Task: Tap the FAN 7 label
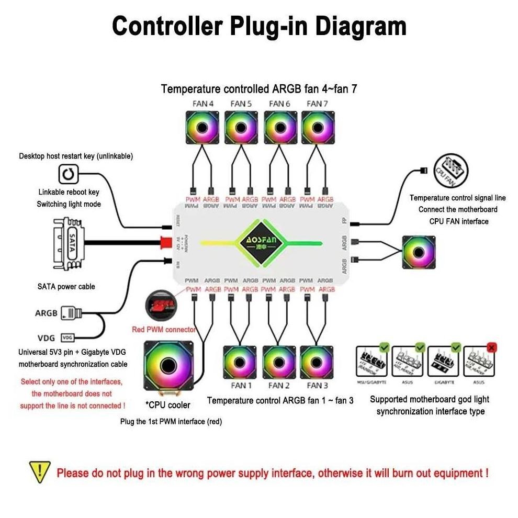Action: click(317, 104)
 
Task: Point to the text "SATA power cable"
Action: click(66, 287)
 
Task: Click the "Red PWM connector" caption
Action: click(164, 330)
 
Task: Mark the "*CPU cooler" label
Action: click(168, 405)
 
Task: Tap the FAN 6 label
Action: click(279, 104)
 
